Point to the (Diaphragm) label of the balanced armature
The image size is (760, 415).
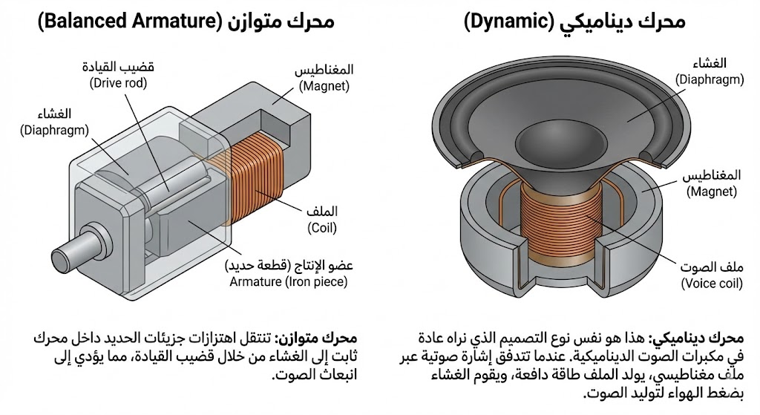coord(54,130)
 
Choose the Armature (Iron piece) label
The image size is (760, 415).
coord(289,281)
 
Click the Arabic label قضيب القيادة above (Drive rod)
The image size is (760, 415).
coord(118,68)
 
